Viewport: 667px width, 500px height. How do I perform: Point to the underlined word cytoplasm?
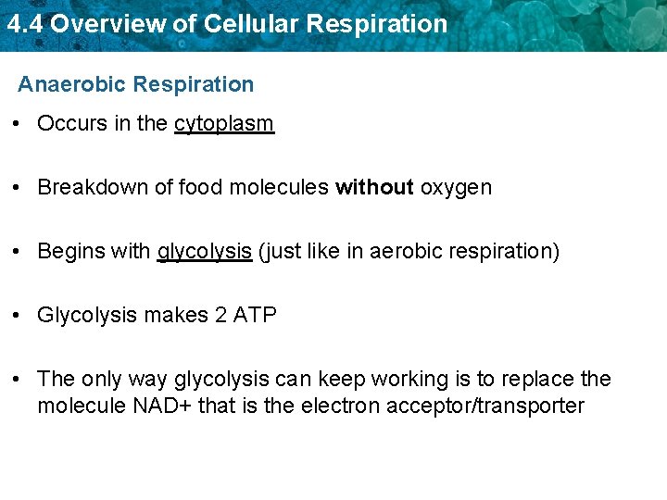(223, 124)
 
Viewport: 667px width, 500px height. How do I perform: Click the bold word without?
(374, 187)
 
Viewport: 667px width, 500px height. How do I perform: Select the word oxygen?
(456, 188)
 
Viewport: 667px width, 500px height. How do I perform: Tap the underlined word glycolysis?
(205, 252)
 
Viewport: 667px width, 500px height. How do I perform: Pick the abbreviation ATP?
(255, 315)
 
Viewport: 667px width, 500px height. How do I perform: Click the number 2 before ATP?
(220, 315)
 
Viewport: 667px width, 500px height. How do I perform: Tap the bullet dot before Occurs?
(20, 124)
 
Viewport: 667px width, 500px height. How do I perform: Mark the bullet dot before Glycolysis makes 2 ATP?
(20, 315)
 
